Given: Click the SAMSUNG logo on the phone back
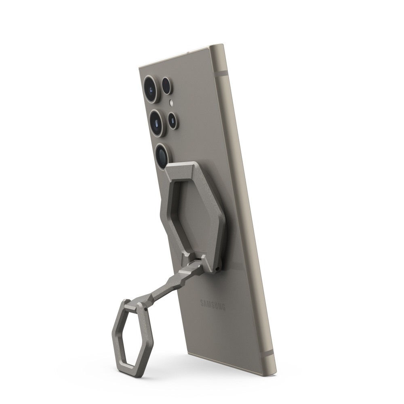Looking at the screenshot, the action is [x=213, y=305].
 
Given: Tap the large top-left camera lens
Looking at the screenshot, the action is [x=152, y=89].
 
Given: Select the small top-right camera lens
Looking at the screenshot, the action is [x=168, y=86].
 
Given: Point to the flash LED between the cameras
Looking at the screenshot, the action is [x=171, y=103].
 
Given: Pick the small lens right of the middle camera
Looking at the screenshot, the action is [x=173, y=120].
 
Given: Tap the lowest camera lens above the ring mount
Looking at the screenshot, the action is [x=162, y=156].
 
